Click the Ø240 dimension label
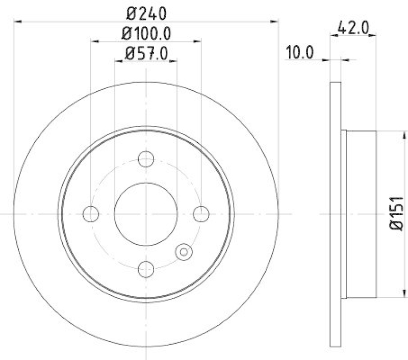[146, 11]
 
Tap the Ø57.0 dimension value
[146, 53]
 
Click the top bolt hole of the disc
[146, 159]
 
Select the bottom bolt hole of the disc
[146, 268]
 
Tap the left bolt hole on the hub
[91, 214]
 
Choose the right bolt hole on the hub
[201, 214]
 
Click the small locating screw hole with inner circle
[183, 251]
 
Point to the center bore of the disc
[146, 214]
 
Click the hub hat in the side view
[361, 214]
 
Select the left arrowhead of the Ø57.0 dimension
[118, 61]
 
